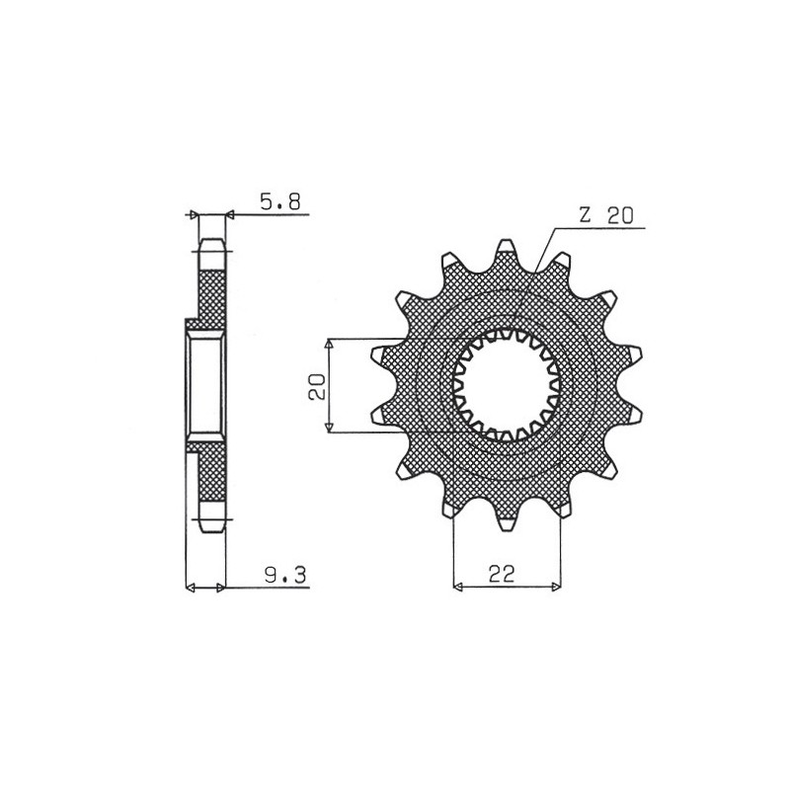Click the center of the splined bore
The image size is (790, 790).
point(507,384)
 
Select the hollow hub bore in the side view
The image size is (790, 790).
point(207,385)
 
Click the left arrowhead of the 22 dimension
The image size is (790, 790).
point(458,589)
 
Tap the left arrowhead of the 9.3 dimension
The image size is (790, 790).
point(193,589)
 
